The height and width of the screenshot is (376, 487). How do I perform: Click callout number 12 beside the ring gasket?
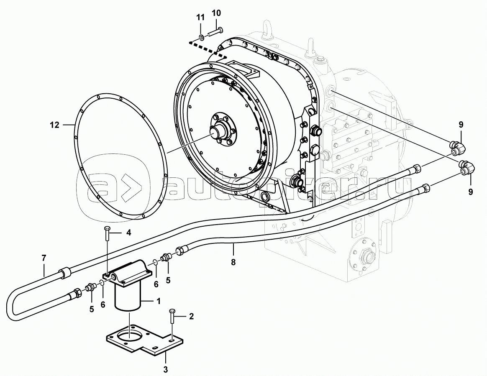pos(54,125)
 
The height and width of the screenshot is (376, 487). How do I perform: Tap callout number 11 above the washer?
pos(201,18)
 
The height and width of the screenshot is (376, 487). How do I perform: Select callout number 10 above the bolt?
pos(216,13)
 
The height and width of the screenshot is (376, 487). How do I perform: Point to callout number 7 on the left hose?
pos(44,258)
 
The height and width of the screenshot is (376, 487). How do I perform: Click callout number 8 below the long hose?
pos(233,262)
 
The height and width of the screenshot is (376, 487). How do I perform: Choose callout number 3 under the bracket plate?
pos(166,369)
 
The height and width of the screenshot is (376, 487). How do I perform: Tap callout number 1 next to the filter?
pos(158,301)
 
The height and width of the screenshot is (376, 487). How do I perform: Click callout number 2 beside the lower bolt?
pos(191,316)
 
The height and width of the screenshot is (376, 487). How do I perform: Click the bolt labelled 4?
pos(107,233)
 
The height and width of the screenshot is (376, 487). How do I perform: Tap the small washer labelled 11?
pos(202,38)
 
